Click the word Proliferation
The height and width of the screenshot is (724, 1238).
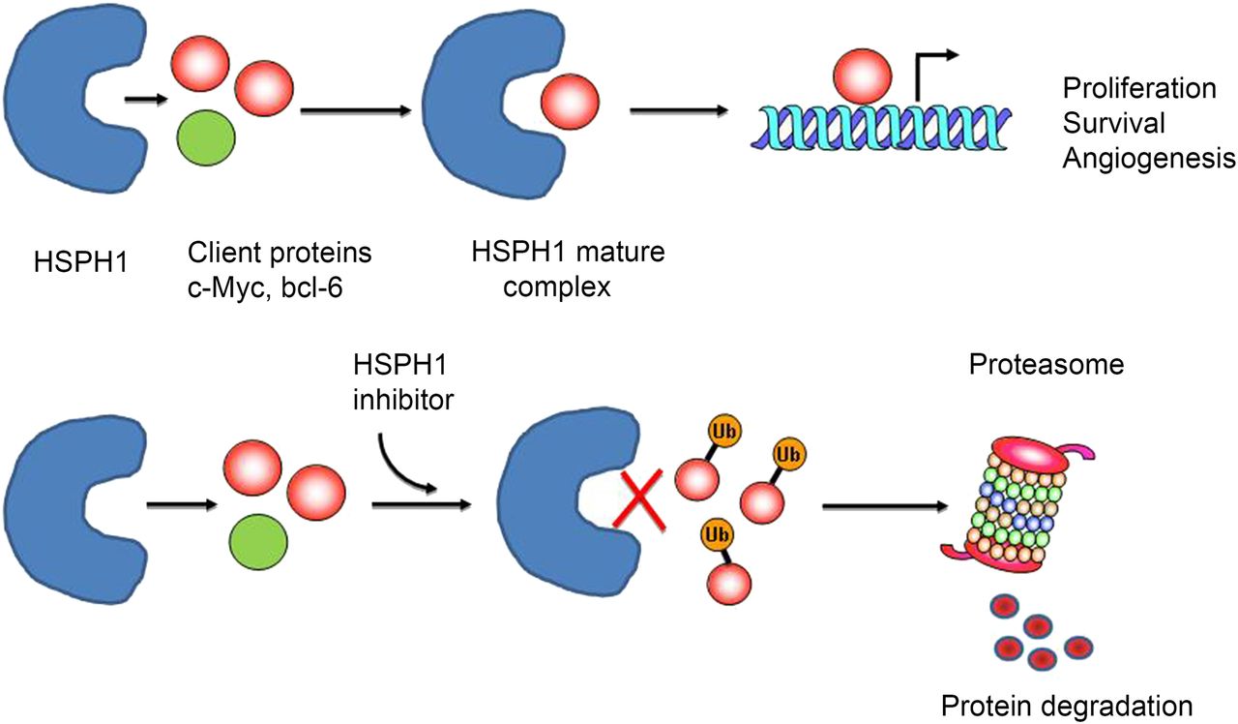[1139, 89]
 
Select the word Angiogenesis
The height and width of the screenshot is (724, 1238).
[1149, 159]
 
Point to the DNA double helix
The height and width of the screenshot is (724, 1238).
[880, 125]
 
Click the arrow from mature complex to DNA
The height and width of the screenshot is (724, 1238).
[678, 110]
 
